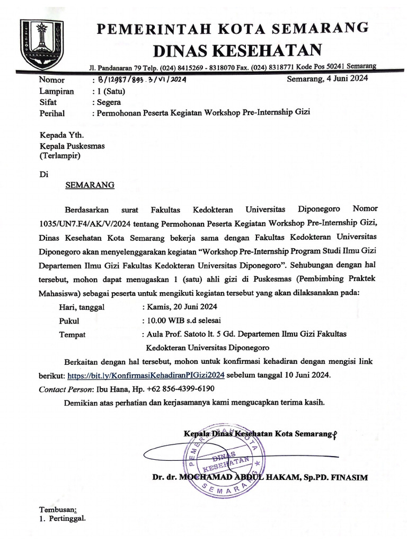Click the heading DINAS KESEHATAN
coord(237,50)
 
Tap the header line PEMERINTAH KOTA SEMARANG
coord(233,28)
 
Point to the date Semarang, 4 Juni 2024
coord(327,80)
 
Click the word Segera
coord(108,102)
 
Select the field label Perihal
coord(51,113)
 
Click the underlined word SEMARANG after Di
coord(89,186)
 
